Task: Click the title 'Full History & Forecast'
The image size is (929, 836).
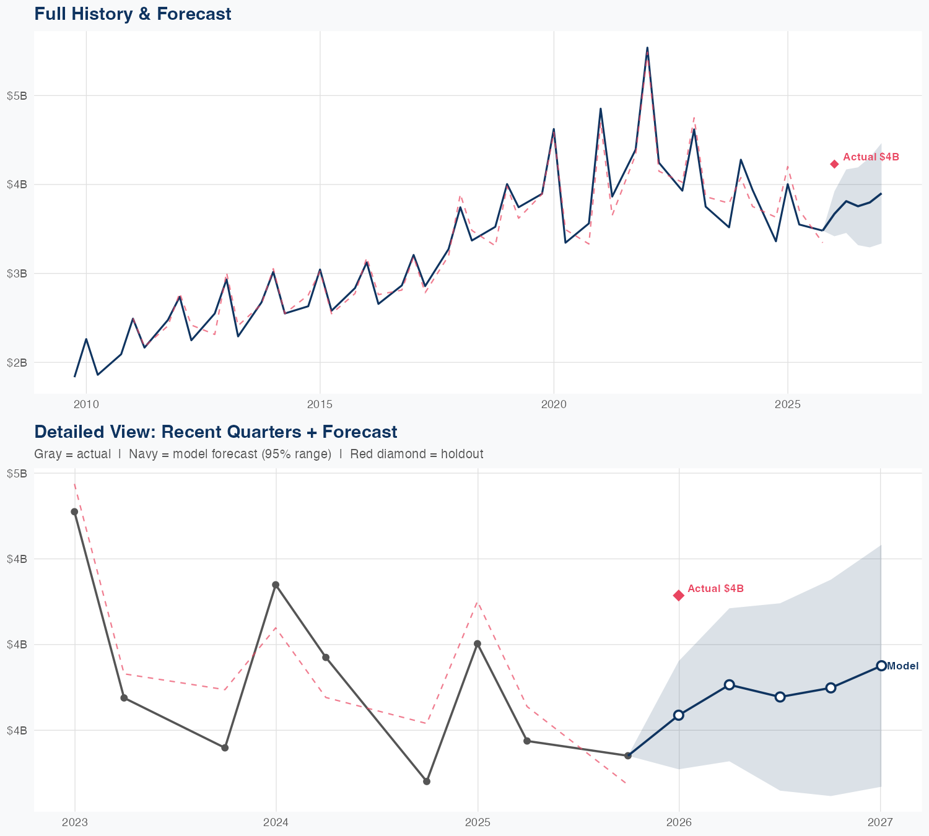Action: [x=133, y=14]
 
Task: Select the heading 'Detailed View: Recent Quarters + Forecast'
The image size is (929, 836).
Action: [x=216, y=432]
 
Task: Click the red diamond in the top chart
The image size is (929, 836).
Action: [x=834, y=164]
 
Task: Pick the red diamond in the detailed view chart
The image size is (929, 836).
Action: [x=679, y=595]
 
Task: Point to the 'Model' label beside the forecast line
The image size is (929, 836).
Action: [x=902, y=666]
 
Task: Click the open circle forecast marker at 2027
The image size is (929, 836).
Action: [x=881, y=666]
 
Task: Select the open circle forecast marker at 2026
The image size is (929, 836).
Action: [x=679, y=715]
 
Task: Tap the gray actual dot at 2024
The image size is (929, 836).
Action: [x=276, y=585]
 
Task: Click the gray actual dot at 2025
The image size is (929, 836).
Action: [x=478, y=644]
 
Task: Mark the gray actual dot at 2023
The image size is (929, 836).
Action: [x=74, y=512]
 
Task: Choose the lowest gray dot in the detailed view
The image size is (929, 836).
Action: [x=427, y=782]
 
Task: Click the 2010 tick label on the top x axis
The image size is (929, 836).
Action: [x=86, y=405]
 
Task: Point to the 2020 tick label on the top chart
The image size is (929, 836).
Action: [x=554, y=405]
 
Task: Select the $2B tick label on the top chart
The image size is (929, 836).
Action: [x=17, y=362]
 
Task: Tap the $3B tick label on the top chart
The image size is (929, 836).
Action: [x=17, y=273]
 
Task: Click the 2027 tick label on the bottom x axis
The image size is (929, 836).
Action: [x=880, y=822]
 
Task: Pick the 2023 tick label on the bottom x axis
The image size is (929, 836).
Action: [x=75, y=822]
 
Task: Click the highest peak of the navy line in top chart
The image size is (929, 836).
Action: [x=647, y=48]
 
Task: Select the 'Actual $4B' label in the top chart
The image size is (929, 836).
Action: [x=871, y=157]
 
